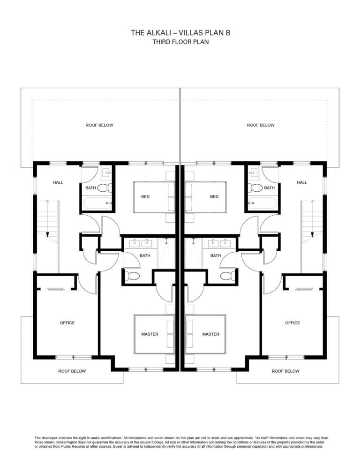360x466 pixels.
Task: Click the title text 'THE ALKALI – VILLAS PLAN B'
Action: click(180, 32)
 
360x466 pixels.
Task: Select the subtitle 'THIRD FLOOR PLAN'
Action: click(180, 42)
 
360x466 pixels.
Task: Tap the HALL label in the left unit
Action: click(58, 182)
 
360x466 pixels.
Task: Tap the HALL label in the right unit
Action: click(302, 182)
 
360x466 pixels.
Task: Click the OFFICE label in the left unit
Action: click(67, 323)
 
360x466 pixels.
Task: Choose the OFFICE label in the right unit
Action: click(292, 323)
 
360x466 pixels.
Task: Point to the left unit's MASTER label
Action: click(150, 334)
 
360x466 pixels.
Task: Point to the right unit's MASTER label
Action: click(211, 334)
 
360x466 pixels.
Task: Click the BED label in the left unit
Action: click(145, 196)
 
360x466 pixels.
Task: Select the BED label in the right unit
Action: click(214, 196)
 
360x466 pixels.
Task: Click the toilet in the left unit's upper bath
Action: click(105, 188)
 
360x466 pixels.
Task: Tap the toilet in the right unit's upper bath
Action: click(255, 188)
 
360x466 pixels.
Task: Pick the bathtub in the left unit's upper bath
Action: click(97, 203)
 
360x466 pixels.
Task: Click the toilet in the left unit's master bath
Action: click(132, 276)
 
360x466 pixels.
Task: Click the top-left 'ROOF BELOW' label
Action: click(99, 125)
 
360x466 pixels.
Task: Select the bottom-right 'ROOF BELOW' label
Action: click(285, 371)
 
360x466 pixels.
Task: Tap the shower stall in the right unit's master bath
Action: click(193, 254)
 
